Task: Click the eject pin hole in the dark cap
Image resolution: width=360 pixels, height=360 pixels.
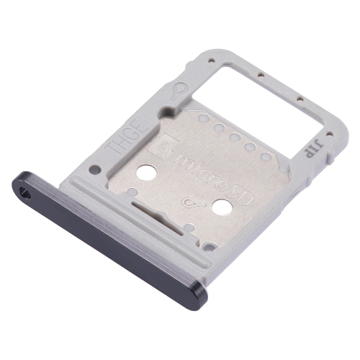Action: (x=26, y=192)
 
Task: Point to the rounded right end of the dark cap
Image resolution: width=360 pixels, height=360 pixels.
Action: (x=199, y=299)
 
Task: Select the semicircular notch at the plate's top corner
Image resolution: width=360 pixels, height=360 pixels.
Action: (x=167, y=112)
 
